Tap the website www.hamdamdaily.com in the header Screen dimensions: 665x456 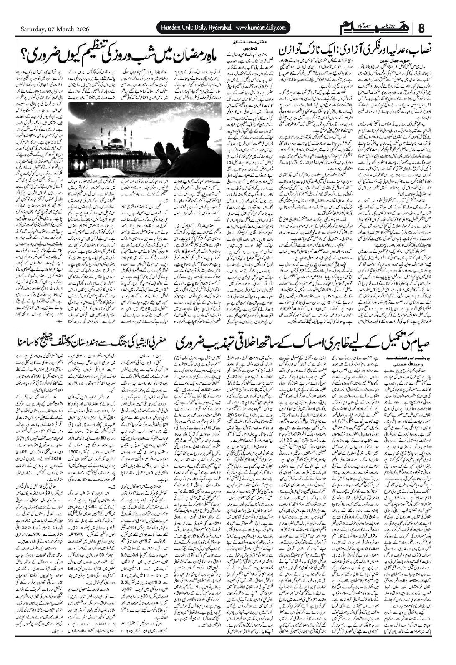coord(260,28)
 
